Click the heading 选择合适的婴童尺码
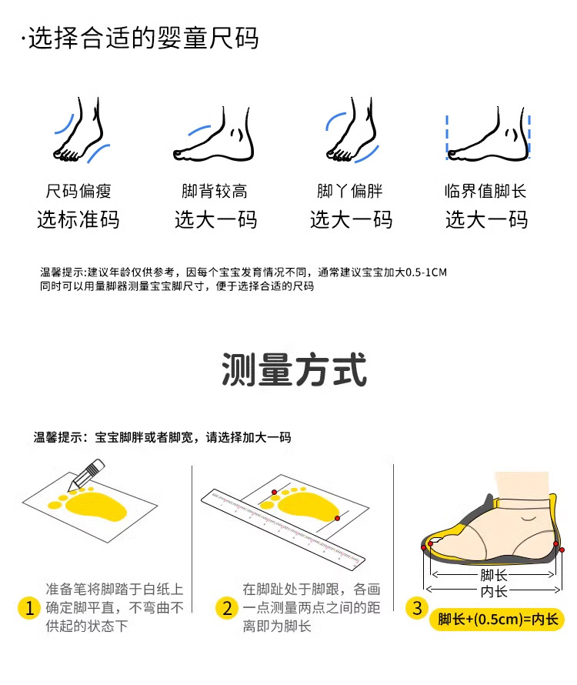pos(143,38)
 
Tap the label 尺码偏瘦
pos(78,191)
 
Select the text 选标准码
pos(78,219)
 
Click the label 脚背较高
pos(215,191)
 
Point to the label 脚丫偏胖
pos(350,191)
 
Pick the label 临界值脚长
pos(485,191)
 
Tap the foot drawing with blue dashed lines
pos(488,134)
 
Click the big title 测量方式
pos(294,370)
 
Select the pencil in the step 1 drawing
pos(86,475)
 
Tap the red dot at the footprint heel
pos(337,518)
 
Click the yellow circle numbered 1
pos(29,608)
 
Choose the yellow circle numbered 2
pos(227,608)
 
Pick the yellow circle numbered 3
pos(417,608)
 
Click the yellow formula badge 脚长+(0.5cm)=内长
pos(498,620)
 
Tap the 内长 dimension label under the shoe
pos(494,592)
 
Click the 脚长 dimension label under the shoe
pos(494,575)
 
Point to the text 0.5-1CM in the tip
pos(426,272)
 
